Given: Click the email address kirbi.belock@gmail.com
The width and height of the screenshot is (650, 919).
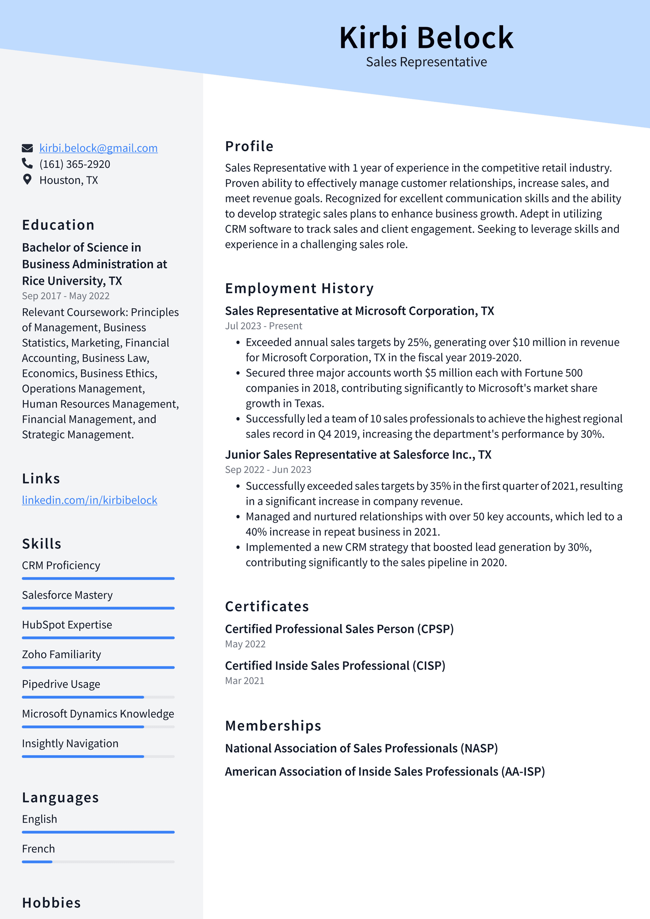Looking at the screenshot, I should (x=98, y=148).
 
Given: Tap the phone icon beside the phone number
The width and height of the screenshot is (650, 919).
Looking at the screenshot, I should (x=27, y=163).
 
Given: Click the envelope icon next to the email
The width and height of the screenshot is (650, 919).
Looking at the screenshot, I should (x=27, y=148).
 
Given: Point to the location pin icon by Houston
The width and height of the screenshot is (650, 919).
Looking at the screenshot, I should (x=27, y=179).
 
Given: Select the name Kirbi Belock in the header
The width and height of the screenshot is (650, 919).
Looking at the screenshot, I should (x=426, y=38).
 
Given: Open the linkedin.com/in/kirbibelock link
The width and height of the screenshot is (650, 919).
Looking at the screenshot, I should (x=89, y=500).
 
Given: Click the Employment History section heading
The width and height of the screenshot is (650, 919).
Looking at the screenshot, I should (x=299, y=288).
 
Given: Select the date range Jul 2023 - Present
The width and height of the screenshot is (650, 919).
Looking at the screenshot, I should (x=263, y=326).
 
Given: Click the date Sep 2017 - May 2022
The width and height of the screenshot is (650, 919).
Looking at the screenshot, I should (x=66, y=296).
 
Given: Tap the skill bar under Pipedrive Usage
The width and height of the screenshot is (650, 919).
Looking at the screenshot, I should (x=98, y=697).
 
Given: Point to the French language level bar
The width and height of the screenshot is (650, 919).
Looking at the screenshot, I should (x=98, y=861).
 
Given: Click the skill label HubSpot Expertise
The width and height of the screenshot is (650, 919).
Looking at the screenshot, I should (x=67, y=624).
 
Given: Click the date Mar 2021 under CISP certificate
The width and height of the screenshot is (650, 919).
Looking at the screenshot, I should (x=244, y=680).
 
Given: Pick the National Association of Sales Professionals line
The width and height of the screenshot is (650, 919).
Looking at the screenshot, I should (x=361, y=748).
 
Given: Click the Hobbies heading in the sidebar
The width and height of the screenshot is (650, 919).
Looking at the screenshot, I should (x=51, y=903).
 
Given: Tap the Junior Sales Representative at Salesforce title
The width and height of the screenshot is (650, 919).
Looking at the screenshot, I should (x=358, y=455).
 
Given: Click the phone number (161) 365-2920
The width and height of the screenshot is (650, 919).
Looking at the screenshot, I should (x=74, y=164).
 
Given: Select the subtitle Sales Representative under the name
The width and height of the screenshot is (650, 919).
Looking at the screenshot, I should (x=426, y=62).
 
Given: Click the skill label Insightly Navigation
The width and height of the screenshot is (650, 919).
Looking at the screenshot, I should (x=70, y=743).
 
